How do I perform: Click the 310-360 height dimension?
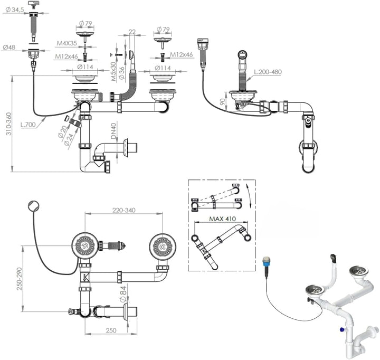click(6, 124)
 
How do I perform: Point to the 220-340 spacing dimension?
click(123, 210)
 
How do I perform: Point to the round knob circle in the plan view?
click(33, 204)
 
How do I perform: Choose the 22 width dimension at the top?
click(131, 32)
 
